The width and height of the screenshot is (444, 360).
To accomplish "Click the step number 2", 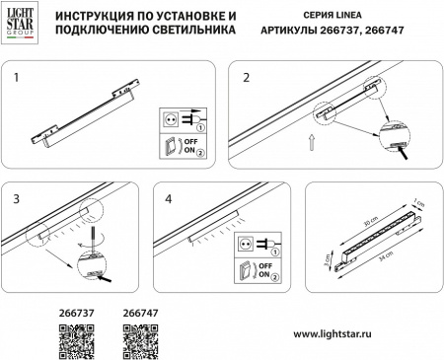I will pos(247,76).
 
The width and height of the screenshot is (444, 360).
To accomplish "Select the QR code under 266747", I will pos(140,340).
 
